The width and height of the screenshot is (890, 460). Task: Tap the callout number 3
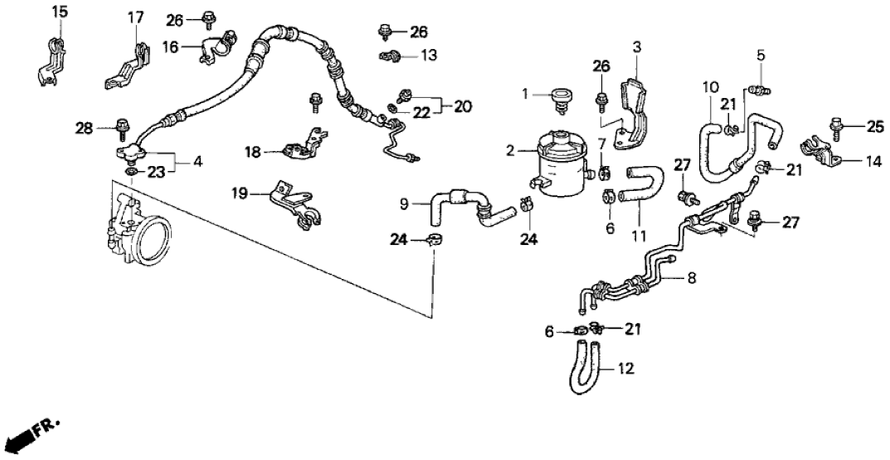[636, 46]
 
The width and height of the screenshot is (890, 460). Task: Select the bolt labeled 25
[835, 125]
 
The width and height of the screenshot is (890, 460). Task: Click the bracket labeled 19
[292, 203]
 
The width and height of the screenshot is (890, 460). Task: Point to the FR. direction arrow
[33, 433]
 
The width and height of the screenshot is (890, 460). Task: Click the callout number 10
[708, 86]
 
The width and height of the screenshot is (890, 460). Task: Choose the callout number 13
[428, 56]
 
